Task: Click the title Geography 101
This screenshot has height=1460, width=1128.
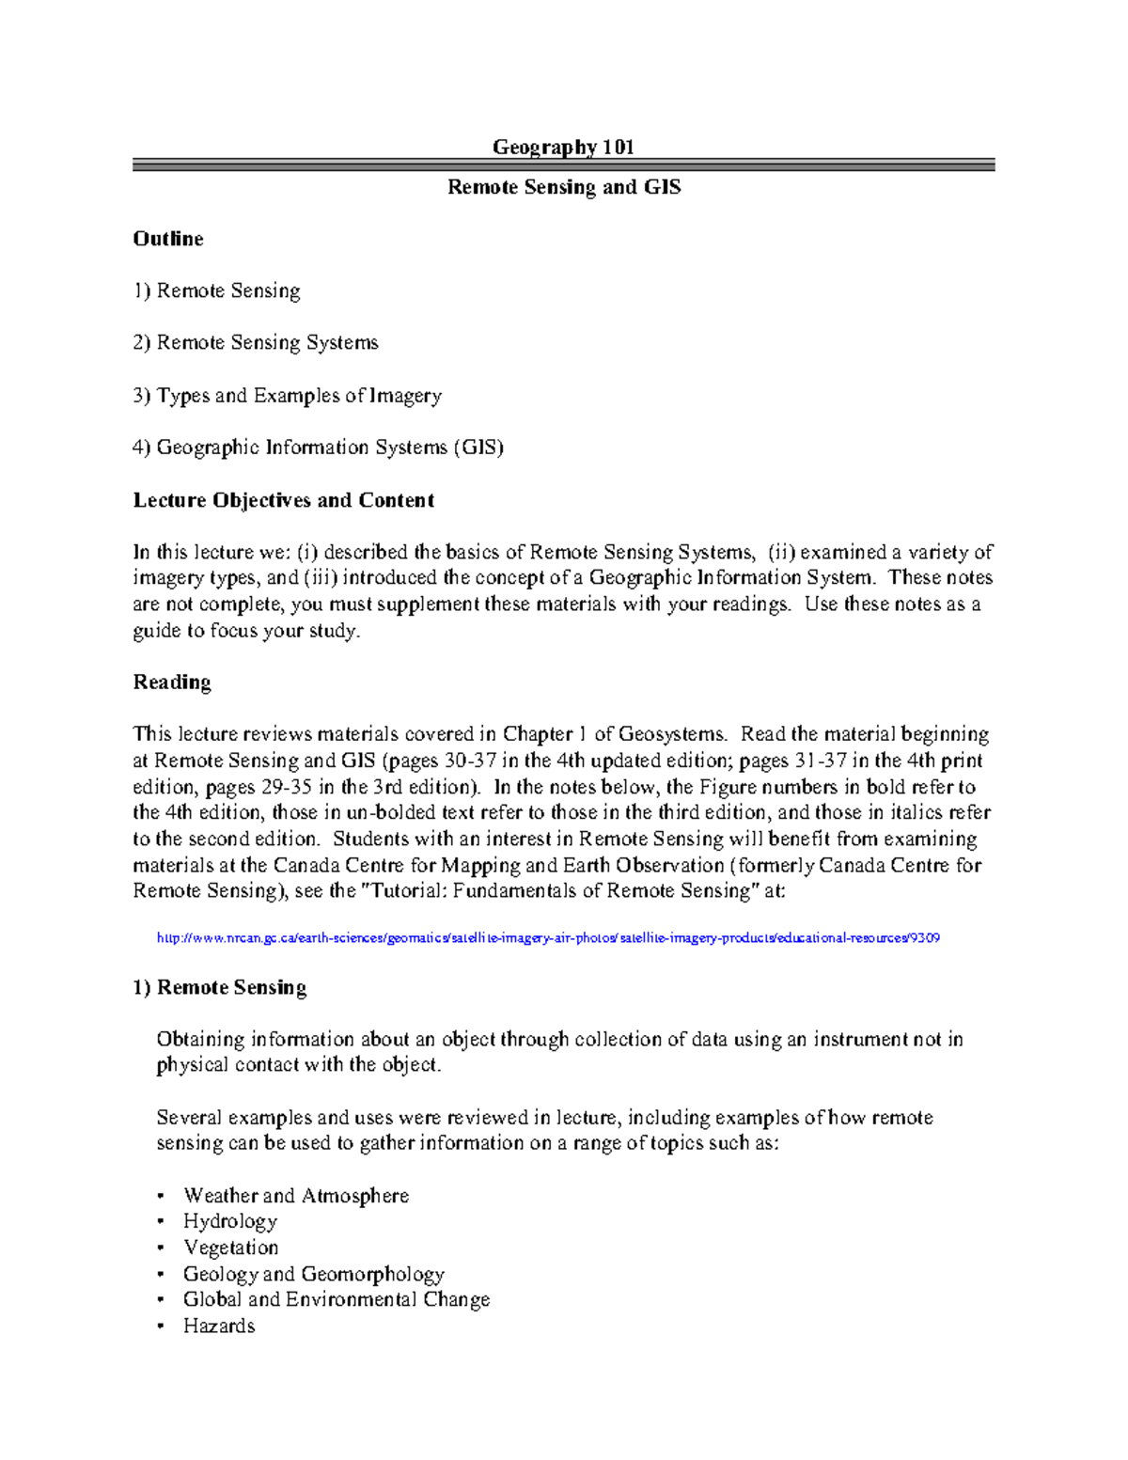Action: point(563,147)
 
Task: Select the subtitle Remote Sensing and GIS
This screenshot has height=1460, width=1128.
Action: point(563,187)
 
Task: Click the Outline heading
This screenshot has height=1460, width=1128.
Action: point(168,239)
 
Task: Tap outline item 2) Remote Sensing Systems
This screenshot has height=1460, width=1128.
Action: point(256,343)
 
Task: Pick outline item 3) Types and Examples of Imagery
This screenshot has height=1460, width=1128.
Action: point(287,396)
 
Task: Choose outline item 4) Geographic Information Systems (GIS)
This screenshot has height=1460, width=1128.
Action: point(318,447)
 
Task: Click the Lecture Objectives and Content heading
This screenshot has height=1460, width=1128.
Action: point(283,500)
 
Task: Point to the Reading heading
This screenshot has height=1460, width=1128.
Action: point(172,683)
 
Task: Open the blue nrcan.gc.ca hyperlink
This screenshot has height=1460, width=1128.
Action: point(548,938)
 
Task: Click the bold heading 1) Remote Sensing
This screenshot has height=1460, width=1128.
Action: point(220,987)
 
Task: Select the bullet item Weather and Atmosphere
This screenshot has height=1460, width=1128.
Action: point(296,1196)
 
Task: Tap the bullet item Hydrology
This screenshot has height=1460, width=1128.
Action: point(230,1221)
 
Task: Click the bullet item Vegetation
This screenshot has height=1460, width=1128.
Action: point(231,1248)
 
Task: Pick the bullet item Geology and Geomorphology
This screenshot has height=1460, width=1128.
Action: point(313,1274)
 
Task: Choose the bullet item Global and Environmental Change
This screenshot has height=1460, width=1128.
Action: point(337,1299)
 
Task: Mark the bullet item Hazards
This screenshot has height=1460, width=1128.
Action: point(219,1326)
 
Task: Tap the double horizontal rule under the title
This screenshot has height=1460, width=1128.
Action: point(563,165)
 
